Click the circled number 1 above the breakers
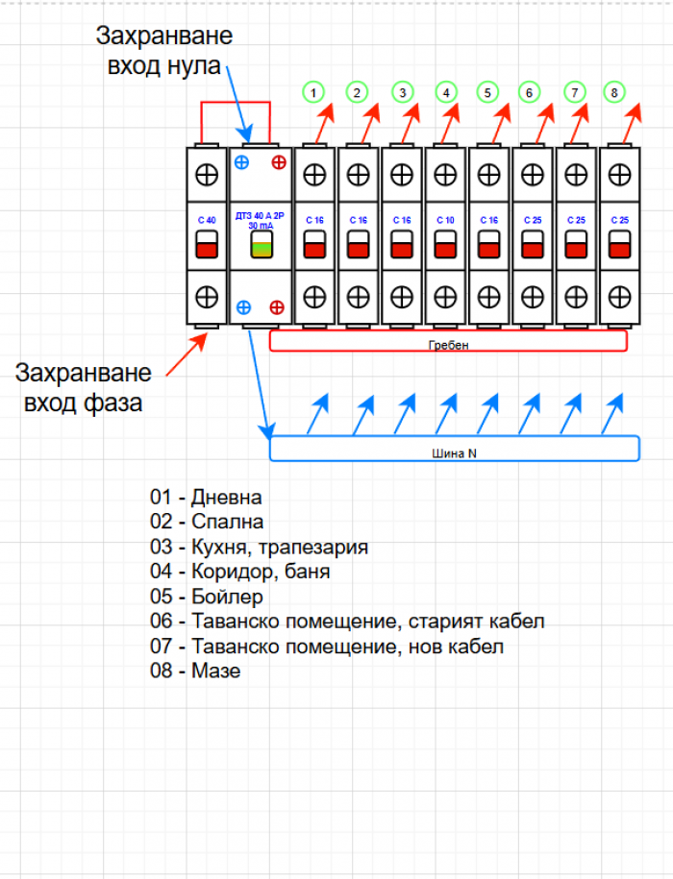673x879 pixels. [x=312, y=92]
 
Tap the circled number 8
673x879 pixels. [x=613, y=92]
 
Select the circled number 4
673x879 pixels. [x=444, y=92]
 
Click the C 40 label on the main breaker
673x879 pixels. [x=206, y=220]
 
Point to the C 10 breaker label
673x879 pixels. [x=444, y=220]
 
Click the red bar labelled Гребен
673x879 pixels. [x=448, y=342]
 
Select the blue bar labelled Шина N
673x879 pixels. [x=454, y=449]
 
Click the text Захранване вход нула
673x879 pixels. [x=163, y=51]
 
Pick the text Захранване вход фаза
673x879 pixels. [x=83, y=387]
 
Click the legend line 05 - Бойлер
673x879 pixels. [x=199, y=597]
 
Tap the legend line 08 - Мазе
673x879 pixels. [x=195, y=671]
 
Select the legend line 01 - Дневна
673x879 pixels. [x=206, y=498]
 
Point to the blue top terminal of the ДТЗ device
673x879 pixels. [x=242, y=161]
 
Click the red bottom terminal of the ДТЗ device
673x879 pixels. [x=278, y=307]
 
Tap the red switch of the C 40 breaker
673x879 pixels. [x=206, y=249]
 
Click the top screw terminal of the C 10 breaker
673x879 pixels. [x=444, y=175]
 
